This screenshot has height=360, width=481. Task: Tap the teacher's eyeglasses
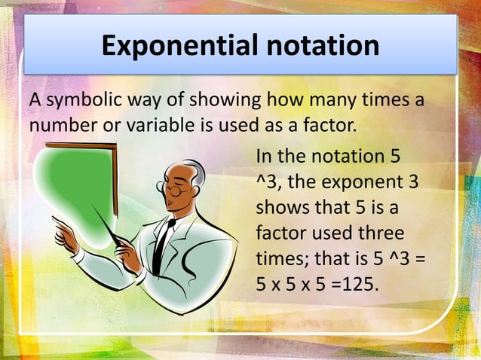pos(177,191)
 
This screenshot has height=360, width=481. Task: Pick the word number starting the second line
pos(59,124)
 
